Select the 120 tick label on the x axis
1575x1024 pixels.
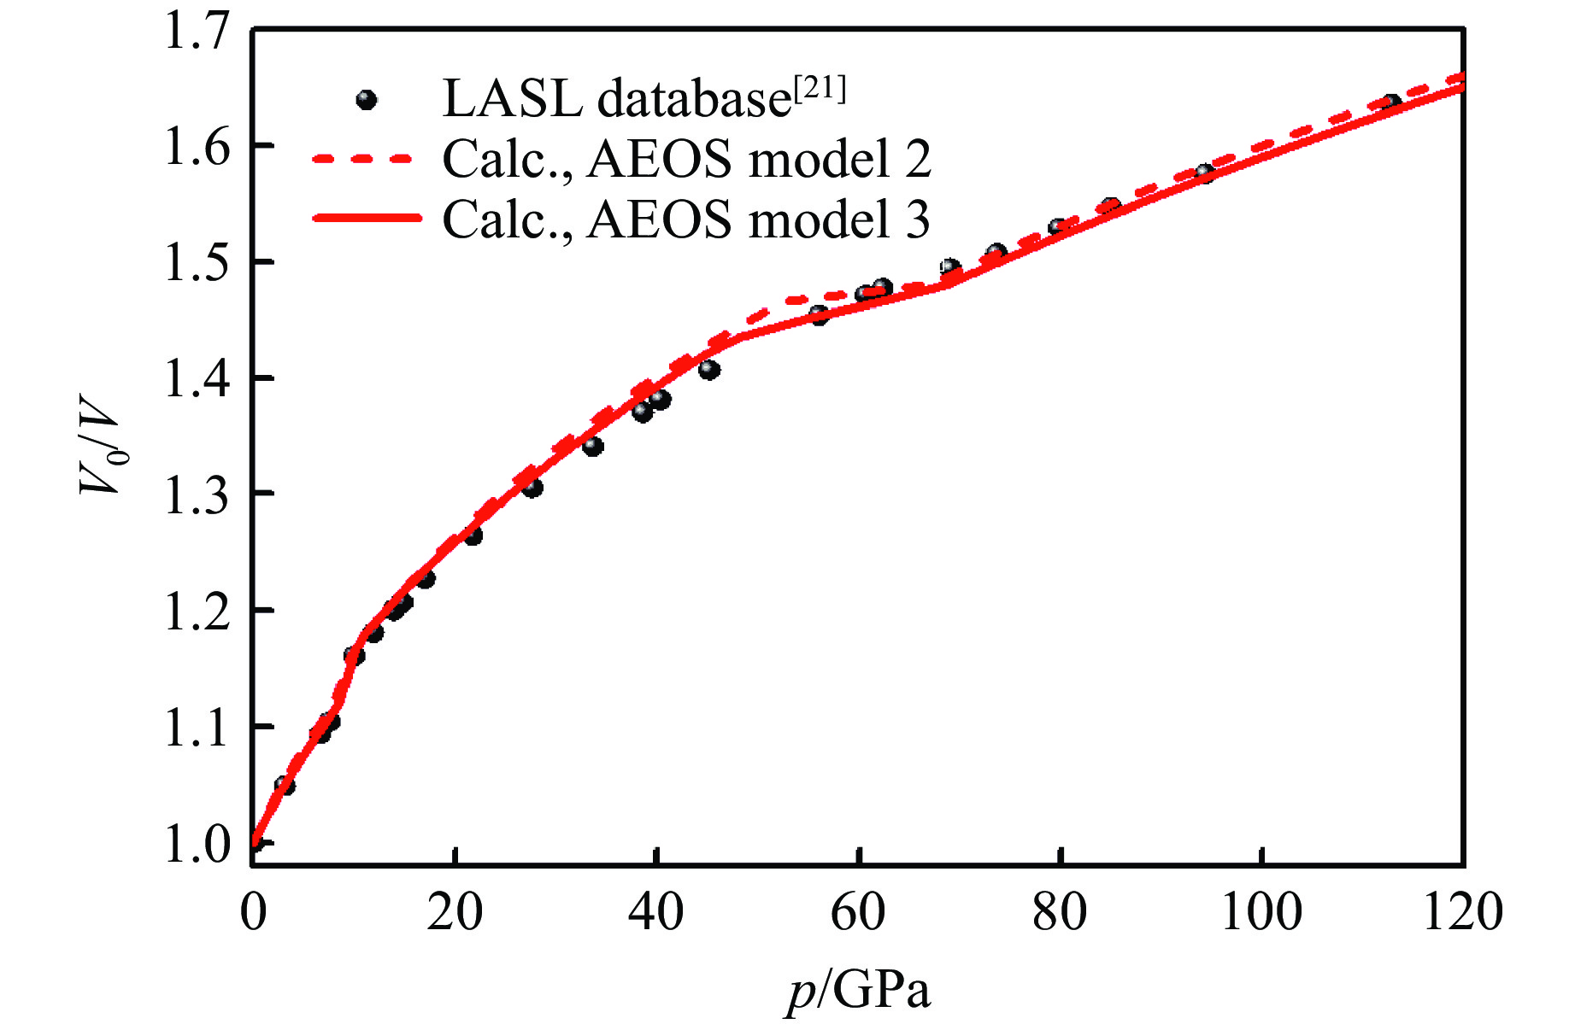1463,912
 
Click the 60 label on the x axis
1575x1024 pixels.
858,912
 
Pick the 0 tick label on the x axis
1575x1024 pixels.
253,912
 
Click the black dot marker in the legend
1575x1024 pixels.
367,100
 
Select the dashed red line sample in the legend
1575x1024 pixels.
363,159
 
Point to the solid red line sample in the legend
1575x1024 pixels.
367,219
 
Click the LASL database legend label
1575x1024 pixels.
615,100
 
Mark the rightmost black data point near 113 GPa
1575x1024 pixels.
1391,104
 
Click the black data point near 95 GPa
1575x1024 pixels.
1205,174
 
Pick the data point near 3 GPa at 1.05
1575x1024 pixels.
285,785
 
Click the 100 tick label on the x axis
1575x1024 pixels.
1261,912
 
